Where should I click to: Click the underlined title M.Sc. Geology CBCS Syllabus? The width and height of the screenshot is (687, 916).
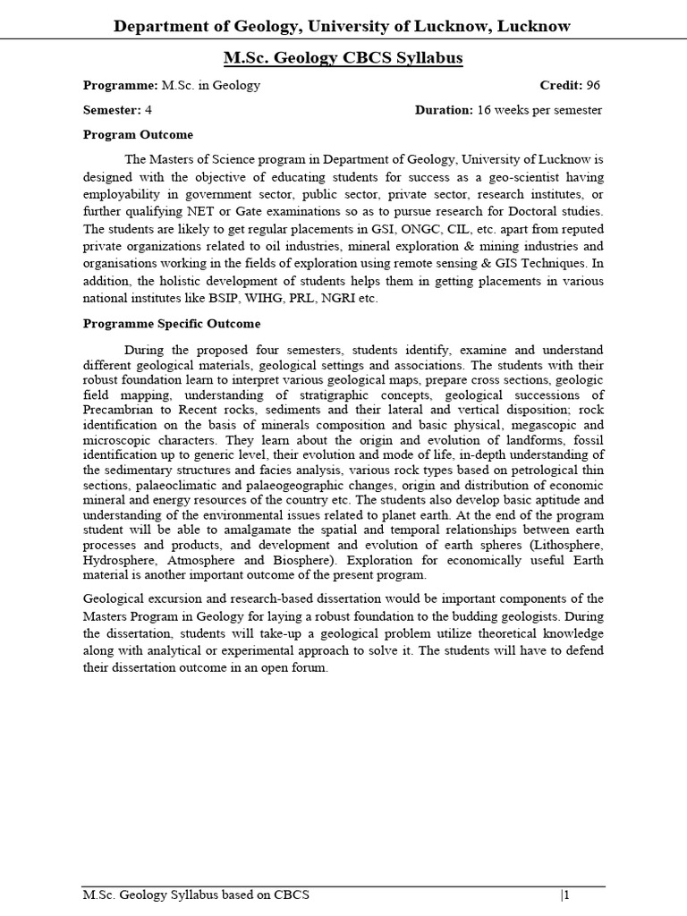click(343, 58)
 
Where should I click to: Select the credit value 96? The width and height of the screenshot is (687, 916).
click(593, 86)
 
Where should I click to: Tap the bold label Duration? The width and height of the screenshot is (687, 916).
click(444, 110)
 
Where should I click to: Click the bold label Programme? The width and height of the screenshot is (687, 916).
click(120, 86)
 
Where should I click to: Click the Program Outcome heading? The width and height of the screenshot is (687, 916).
click(138, 135)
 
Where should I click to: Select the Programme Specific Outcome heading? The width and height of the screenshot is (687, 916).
click(172, 324)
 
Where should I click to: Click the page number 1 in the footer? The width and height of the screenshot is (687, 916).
click(565, 895)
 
